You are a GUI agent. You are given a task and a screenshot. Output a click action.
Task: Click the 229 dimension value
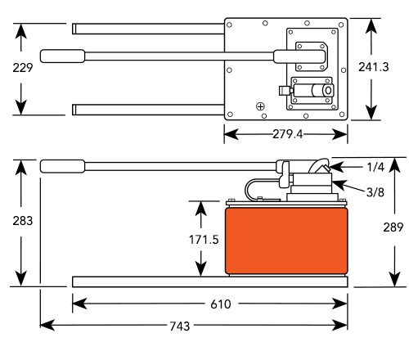(x=23, y=68)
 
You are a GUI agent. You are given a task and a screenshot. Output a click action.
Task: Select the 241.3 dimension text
(x=374, y=67)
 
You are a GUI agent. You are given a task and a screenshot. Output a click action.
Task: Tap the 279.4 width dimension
(x=288, y=134)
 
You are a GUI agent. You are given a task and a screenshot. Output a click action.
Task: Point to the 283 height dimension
(x=23, y=221)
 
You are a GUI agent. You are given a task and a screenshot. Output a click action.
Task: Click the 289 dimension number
(x=393, y=227)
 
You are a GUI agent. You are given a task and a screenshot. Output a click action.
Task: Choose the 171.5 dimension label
(x=204, y=240)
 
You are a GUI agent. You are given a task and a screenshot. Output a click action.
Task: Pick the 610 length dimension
(x=221, y=304)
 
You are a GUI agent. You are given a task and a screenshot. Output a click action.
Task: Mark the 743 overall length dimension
(x=180, y=326)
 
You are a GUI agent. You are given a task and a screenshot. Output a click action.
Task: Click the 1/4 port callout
(x=375, y=167)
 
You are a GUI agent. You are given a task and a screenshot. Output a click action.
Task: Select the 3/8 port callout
(x=375, y=192)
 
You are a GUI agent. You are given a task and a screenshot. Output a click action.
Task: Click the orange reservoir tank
(x=286, y=241)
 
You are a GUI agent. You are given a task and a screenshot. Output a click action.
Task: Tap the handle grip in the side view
(x=62, y=166)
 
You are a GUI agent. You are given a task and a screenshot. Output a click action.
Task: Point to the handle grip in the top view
(x=62, y=56)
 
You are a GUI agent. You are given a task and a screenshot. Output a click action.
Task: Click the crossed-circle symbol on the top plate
(x=261, y=106)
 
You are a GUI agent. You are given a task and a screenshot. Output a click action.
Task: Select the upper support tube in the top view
(x=148, y=29)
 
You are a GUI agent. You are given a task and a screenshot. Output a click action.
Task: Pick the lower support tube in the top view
(x=148, y=110)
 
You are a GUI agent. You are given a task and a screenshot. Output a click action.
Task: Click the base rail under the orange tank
(x=210, y=281)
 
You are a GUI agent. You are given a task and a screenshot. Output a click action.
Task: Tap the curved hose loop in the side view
(x=247, y=188)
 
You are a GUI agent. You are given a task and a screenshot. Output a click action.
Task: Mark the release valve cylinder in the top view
(x=313, y=90)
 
